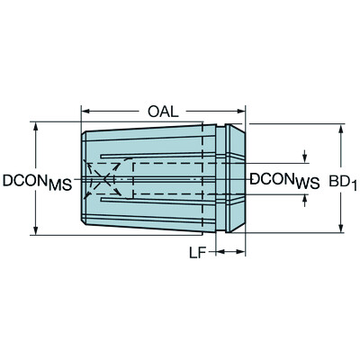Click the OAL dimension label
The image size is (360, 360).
(x=164, y=112)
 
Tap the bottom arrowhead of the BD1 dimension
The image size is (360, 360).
(x=341, y=229)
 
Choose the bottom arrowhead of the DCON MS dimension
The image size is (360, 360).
(x=35, y=229)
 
